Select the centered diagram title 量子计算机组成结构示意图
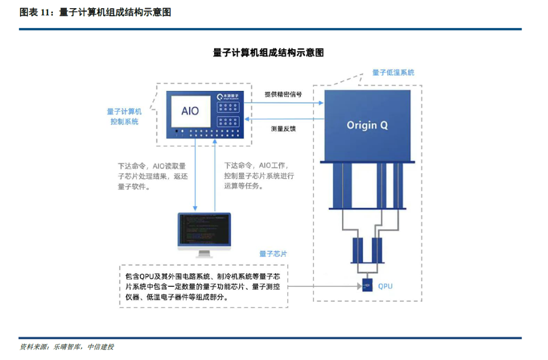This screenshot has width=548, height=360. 268,52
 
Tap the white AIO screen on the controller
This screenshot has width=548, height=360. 190,111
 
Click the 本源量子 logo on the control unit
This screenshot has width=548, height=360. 231,96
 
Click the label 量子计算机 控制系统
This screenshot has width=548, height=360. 124,116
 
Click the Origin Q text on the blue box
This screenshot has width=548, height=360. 367,125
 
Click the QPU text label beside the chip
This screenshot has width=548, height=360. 385,286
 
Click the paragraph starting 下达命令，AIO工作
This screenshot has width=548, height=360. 259,176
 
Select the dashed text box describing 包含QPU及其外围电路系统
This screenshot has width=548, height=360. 203,286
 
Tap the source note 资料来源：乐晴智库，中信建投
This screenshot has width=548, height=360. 66,347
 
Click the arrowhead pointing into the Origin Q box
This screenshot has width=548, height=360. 321,103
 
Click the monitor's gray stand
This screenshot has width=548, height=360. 204,254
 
